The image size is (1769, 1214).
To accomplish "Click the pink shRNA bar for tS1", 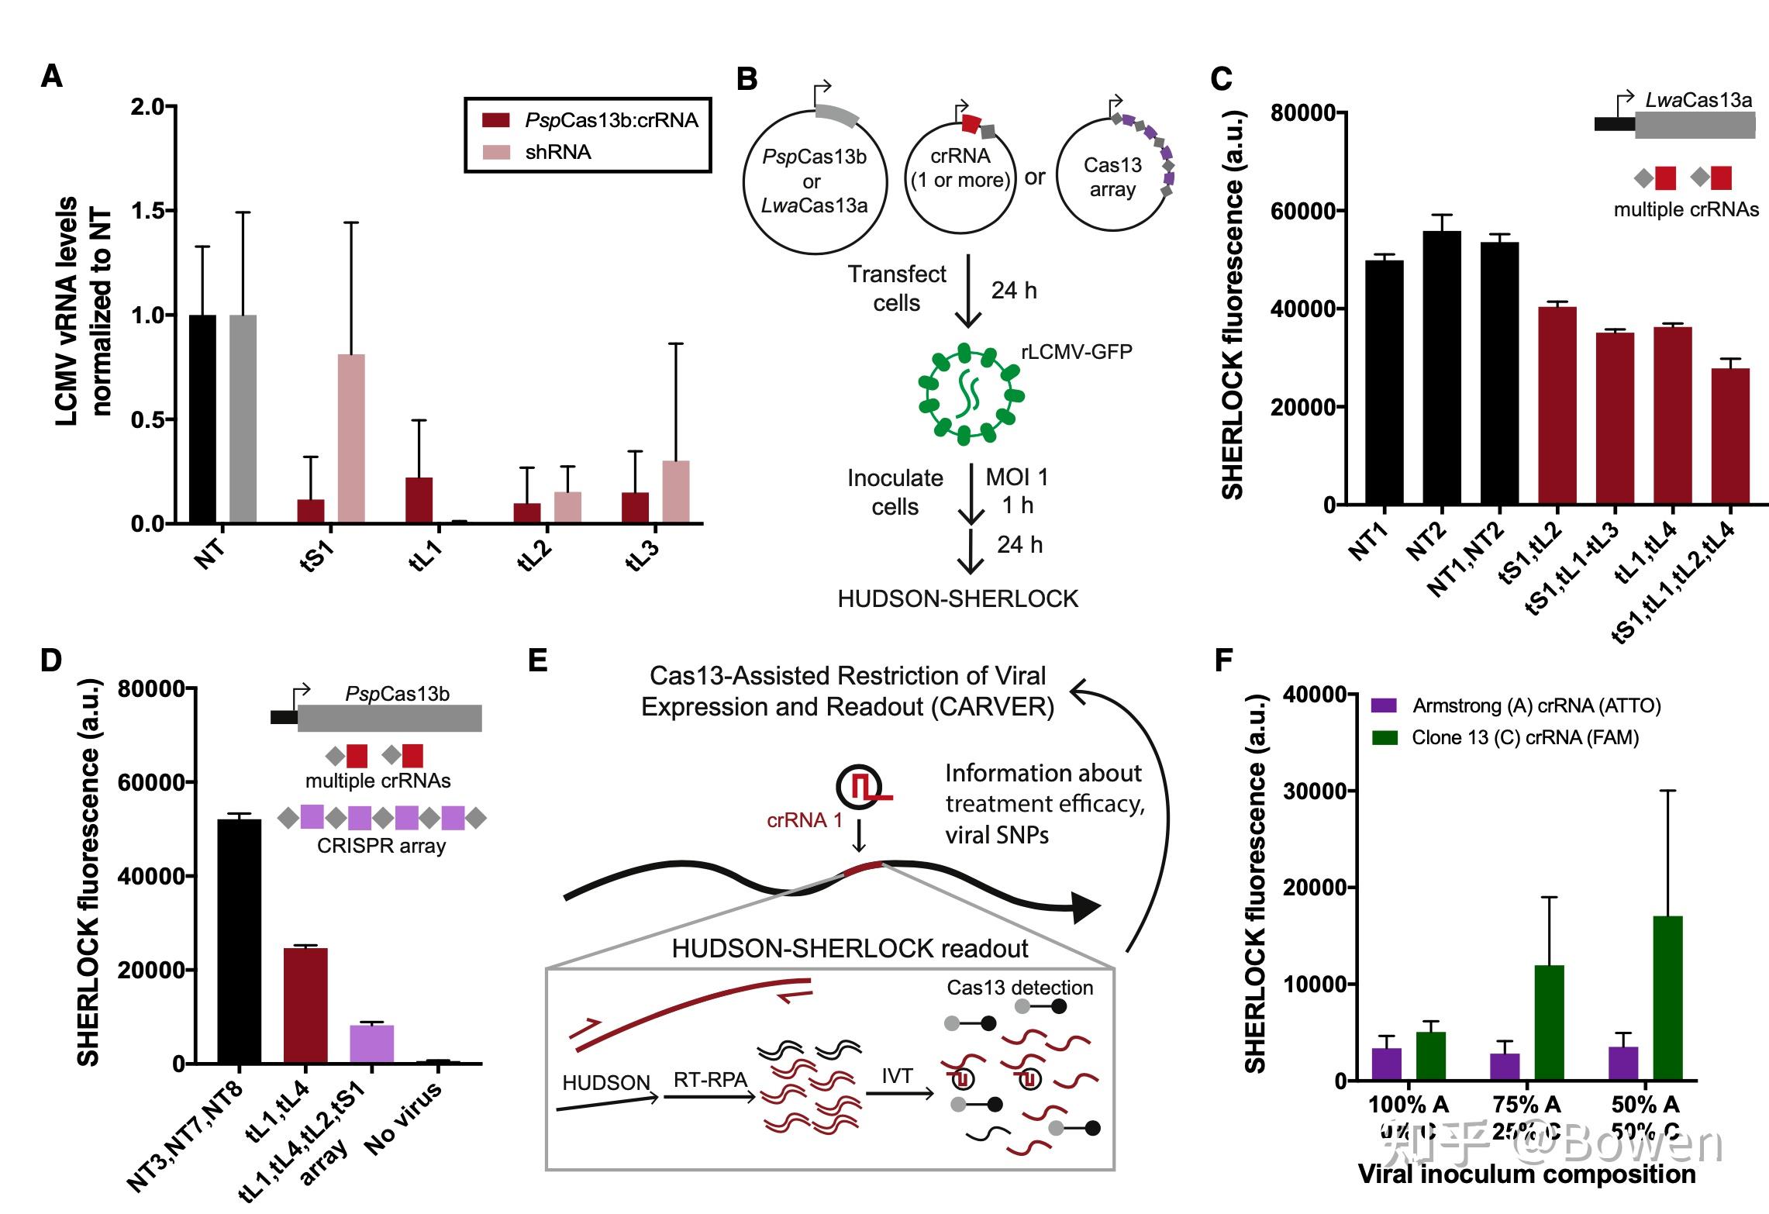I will (351, 439).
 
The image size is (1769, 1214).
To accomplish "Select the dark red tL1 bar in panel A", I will (419, 501).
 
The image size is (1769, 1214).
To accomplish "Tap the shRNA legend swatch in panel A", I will (496, 152).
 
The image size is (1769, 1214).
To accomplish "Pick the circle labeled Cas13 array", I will (1112, 174).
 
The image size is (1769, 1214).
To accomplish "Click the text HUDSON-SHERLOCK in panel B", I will (958, 599).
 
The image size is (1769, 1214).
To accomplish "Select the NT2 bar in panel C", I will (1442, 369).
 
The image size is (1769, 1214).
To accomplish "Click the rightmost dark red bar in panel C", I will (1730, 437).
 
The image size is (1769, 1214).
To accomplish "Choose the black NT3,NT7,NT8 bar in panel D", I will (240, 941).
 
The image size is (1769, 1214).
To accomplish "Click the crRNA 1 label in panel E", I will (804, 820).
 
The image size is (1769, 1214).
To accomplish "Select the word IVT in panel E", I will (897, 1076).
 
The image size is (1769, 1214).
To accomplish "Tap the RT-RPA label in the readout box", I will (710, 1080).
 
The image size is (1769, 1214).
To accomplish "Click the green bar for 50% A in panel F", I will (1667, 998).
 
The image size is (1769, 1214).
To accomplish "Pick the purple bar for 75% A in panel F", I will (1505, 1067).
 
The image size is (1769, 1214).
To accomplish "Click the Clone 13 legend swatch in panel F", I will (1385, 738).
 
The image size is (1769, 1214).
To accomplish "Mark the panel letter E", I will (537, 660).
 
